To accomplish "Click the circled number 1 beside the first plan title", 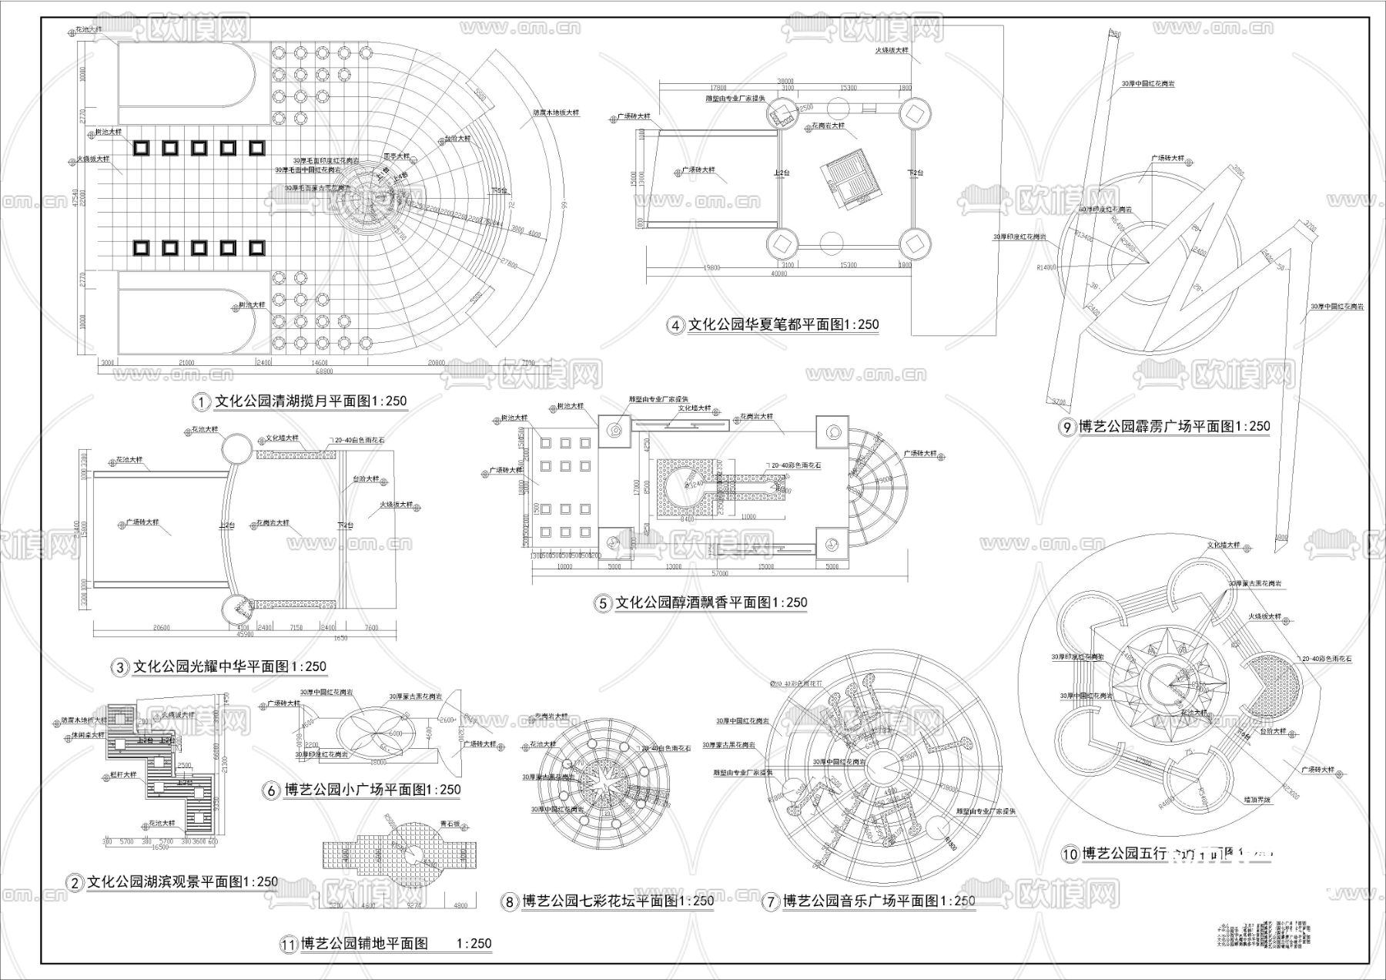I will pos(202,401).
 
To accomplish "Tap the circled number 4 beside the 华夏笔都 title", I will pos(675,325).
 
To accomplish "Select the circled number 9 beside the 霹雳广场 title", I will pos(1066,428).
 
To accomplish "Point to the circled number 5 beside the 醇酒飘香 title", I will pos(603,603).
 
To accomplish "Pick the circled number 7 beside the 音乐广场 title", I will pos(772,902).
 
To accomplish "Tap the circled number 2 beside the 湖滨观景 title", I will pos(75,883).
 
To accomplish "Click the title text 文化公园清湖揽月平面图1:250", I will pos(310,401).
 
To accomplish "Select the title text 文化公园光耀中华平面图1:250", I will pos(229,666).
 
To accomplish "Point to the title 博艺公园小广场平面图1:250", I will pos(373,790).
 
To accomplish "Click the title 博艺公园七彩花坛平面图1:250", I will pos(618,901).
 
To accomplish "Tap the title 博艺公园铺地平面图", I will pos(366,944).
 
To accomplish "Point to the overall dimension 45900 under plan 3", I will pos(245,635).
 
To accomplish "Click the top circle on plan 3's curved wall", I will pos(236,448).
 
